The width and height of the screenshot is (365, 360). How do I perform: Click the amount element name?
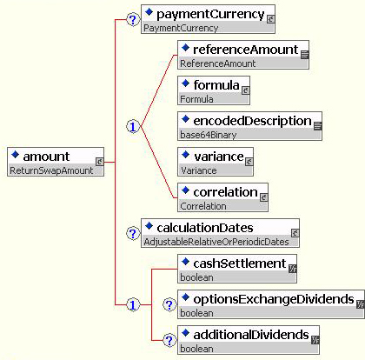[46, 157]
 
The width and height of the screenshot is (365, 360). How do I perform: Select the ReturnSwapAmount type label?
[51, 170]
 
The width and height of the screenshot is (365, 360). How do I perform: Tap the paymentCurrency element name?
[210, 15]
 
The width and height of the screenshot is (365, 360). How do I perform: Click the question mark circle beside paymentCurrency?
[133, 20]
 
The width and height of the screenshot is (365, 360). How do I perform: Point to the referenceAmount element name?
[246, 50]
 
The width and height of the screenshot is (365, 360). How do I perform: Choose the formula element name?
[216, 85]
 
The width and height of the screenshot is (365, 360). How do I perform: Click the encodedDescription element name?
[252, 121]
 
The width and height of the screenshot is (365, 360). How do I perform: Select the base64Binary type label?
[209, 135]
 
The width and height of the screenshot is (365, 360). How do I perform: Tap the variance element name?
[219, 157]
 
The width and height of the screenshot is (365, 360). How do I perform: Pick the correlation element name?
[225, 192]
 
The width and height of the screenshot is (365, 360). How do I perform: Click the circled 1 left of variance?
[133, 127]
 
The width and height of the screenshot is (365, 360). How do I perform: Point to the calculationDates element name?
[205, 228]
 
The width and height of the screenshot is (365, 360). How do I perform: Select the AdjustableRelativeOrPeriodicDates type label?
[216, 242]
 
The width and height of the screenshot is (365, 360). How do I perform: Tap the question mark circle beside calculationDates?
[133, 233]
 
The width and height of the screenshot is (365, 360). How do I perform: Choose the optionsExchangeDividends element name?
[274, 299]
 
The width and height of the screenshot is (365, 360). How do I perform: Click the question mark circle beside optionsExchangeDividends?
[169, 304]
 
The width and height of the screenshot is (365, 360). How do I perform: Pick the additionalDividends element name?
[251, 335]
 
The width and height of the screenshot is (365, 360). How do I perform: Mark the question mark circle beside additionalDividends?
[169, 340]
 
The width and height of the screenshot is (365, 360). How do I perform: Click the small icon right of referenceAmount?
[305, 55]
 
